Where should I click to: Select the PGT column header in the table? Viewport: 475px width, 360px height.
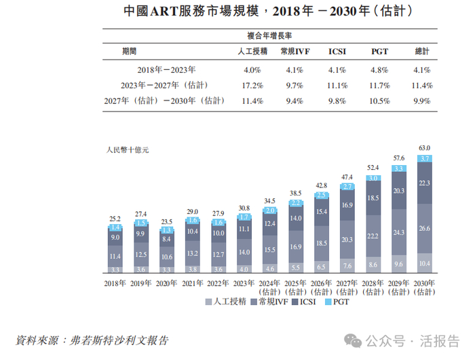[380, 52]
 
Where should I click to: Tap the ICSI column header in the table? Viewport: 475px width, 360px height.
[337, 52]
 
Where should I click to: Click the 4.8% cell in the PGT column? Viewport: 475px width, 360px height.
[380, 69]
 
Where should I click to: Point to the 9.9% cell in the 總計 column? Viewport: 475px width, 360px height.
[423, 101]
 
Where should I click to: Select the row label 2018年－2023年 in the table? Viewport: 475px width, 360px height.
[166, 69]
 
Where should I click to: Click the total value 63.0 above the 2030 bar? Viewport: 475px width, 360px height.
[425, 147]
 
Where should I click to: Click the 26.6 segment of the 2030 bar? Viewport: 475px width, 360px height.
[425, 228]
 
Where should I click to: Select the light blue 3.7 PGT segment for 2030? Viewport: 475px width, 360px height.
[425, 158]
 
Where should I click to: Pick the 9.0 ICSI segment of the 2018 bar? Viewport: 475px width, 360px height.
[115, 238]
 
